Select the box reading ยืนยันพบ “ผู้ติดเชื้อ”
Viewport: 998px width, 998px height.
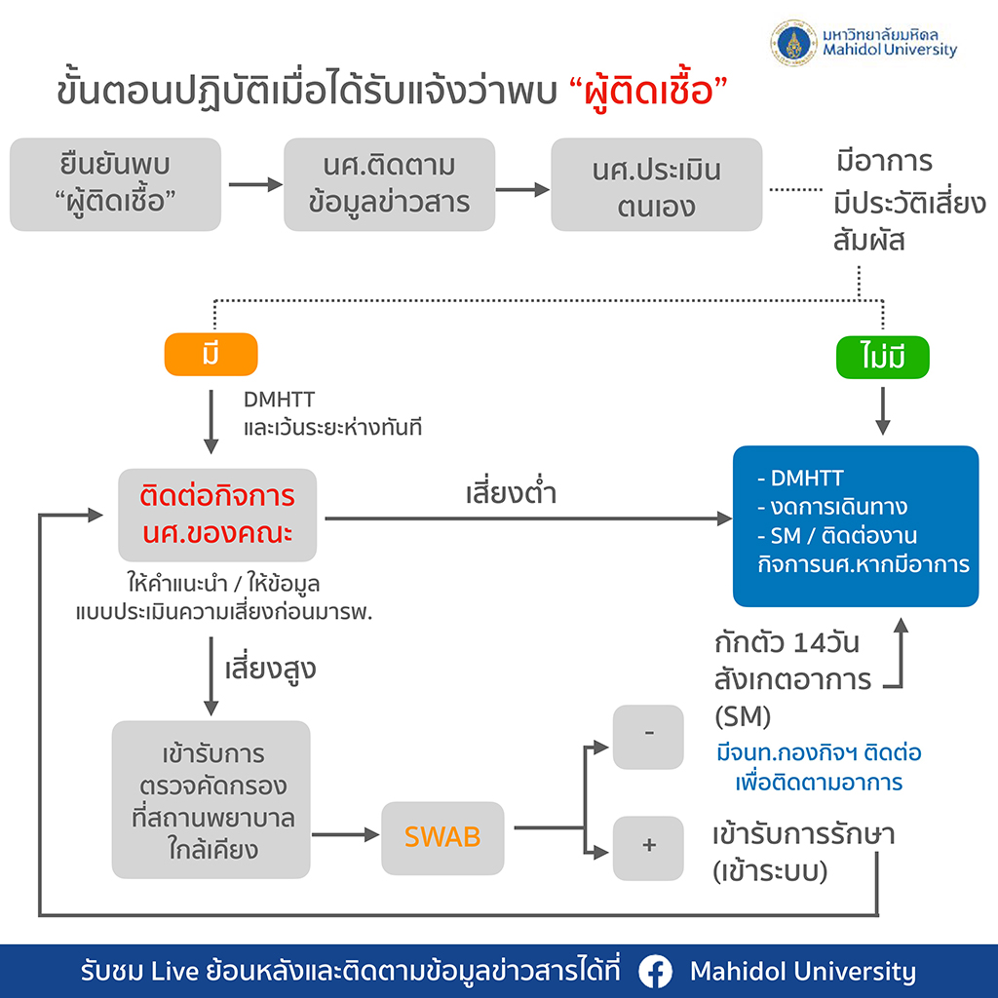pyautogui.click(x=115, y=184)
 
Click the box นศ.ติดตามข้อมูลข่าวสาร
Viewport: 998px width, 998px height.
pyautogui.click(x=389, y=184)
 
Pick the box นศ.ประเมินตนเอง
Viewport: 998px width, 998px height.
pyautogui.click(x=656, y=184)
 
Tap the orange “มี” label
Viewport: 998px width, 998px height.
pyautogui.click(x=211, y=355)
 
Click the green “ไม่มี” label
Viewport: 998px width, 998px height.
pyautogui.click(x=883, y=359)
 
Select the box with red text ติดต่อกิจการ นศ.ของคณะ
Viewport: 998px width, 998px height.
pyautogui.click(x=217, y=516)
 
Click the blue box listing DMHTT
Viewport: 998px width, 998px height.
pyautogui.click(x=855, y=525)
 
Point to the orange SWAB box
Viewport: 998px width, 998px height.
pyautogui.click(x=442, y=837)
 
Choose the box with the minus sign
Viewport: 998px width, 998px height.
pyautogui.click(x=648, y=735)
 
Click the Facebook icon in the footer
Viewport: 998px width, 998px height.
pyautogui.click(x=657, y=972)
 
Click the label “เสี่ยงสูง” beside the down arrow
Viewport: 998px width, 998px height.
pyautogui.click(x=270, y=671)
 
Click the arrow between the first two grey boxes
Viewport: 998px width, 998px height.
pyautogui.click(x=253, y=184)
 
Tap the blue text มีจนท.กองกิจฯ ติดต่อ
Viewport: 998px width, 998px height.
pyautogui.click(x=819, y=753)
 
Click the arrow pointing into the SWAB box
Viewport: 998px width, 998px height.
pyautogui.click(x=346, y=835)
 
